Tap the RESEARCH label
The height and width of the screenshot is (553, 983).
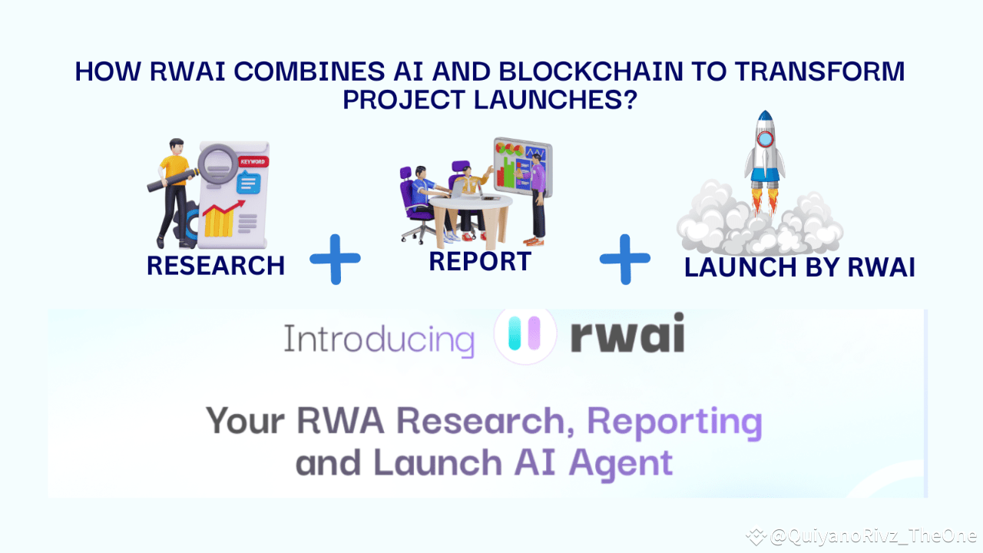pyautogui.click(x=216, y=266)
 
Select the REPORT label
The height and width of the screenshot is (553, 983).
pyautogui.click(x=480, y=261)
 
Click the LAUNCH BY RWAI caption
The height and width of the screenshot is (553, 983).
pyautogui.click(x=799, y=267)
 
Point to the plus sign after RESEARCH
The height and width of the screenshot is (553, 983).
pyautogui.click(x=335, y=259)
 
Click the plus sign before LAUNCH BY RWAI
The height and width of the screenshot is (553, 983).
pyautogui.click(x=625, y=259)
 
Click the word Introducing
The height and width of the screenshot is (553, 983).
pyautogui.click(x=379, y=339)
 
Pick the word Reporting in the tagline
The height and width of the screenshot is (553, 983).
pyautogui.click(x=674, y=422)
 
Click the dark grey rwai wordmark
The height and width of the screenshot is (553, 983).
pyautogui.click(x=627, y=338)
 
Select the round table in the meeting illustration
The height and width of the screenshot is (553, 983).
pyautogui.click(x=470, y=207)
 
